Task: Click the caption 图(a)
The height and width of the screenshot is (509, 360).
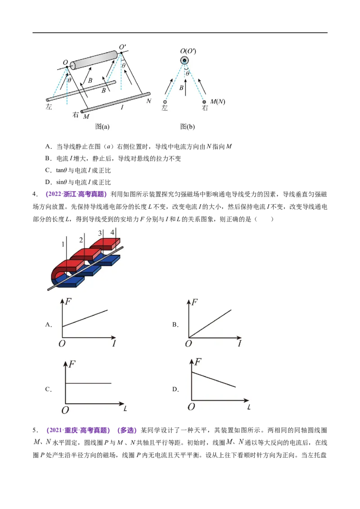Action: point(102,126)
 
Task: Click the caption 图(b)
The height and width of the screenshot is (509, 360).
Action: point(188,126)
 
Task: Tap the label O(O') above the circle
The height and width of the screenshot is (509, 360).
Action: point(188,51)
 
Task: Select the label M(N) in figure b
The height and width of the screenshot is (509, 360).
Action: point(218,102)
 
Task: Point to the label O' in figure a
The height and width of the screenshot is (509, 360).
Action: point(122,47)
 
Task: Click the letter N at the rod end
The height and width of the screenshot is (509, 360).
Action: point(149,101)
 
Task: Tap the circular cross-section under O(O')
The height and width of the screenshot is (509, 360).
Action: point(184,61)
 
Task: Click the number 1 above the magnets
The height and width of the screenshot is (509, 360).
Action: point(63,244)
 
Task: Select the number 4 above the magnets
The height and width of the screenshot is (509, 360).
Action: point(112,232)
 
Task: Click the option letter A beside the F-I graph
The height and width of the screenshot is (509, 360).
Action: point(49,324)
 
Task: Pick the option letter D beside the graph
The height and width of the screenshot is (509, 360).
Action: point(175,389)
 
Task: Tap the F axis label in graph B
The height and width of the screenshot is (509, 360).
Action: point(194,302)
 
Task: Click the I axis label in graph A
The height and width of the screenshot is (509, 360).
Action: point(114,343)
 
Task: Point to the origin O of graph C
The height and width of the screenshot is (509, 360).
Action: point(65,411)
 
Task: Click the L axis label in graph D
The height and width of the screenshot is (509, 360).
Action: point(249,407)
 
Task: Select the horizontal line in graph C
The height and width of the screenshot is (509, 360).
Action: point(88,384)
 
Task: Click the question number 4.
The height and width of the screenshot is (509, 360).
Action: point(35,194)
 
